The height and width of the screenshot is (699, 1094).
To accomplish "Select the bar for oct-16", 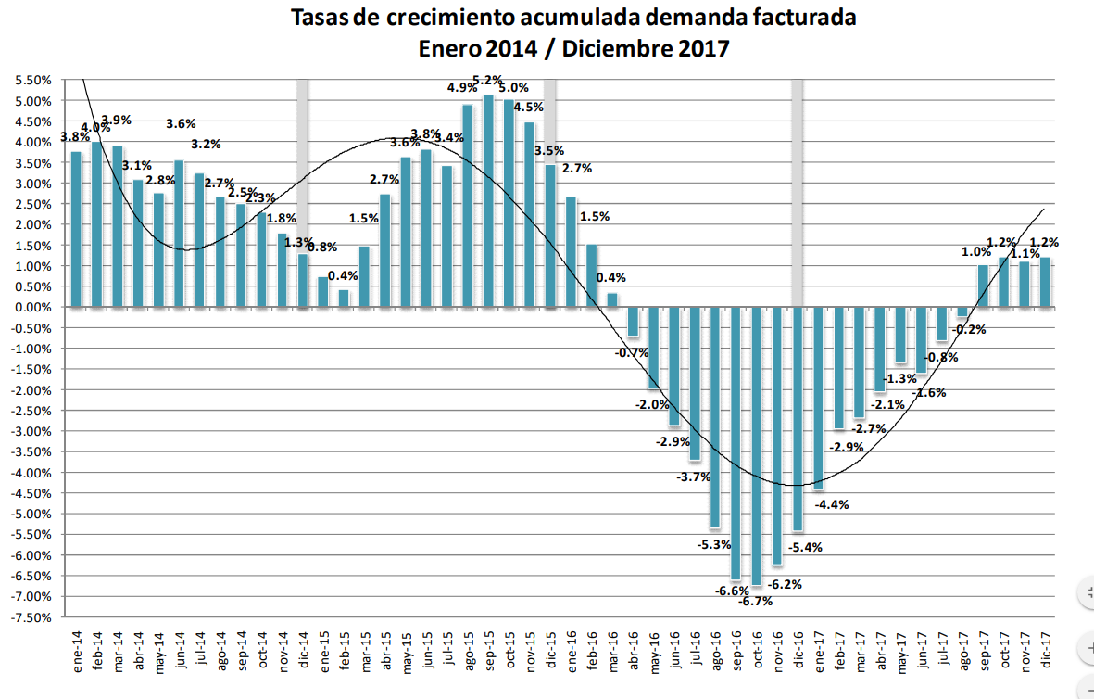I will (757, 446).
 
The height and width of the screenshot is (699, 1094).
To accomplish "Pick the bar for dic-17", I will (1045, 283).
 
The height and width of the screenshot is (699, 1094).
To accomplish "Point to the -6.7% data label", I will (756, 601).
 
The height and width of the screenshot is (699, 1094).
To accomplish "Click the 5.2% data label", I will (488, 80).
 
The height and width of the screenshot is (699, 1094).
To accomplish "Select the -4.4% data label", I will (832, 505).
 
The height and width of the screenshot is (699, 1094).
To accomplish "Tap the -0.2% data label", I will (970, 329).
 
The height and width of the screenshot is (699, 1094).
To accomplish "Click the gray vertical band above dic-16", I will (797, 185).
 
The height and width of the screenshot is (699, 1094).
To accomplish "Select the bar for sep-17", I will (983, 286).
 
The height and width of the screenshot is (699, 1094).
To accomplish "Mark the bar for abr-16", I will (633, 322).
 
